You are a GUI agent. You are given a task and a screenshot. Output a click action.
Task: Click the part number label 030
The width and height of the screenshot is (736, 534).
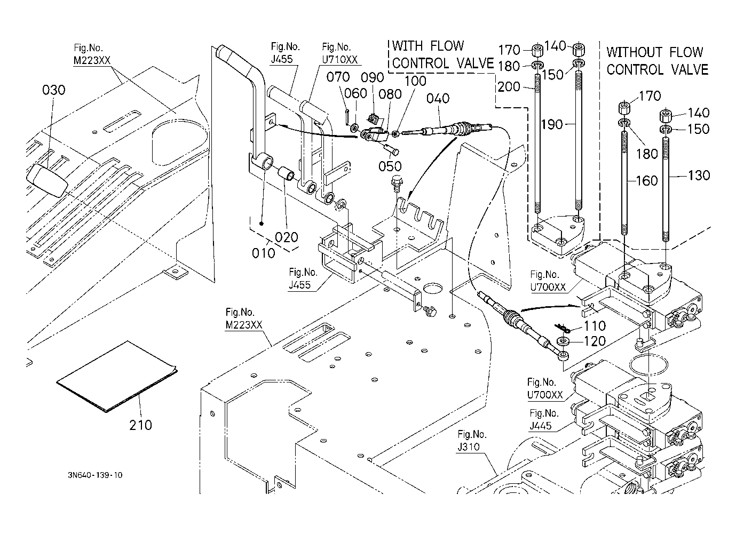coord(53,90)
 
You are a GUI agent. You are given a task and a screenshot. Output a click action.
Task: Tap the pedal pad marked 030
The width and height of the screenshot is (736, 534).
coord(47,181)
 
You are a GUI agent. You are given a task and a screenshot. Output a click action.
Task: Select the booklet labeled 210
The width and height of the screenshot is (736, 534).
coord(117,377)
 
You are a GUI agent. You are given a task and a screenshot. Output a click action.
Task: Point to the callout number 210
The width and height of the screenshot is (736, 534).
coord(140,425)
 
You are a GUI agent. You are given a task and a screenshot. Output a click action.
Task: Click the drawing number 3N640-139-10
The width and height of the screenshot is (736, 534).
coord(96,475)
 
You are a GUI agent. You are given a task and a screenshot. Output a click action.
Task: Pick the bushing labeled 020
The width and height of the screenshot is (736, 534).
coord(287,173)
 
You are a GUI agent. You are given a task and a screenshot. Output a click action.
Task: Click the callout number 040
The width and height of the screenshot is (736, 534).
coord(438,98)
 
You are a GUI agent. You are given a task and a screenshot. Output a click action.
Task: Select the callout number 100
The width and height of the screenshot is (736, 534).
coord(415,81)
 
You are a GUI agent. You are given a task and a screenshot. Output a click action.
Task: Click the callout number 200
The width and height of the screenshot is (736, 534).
coord(509,87)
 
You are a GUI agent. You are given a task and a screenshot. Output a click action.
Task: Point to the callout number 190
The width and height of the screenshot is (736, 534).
coord(552,124)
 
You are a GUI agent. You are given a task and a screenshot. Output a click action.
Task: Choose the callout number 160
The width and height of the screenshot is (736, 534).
coord(647,181)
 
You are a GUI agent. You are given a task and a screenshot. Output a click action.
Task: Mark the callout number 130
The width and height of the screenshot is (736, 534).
coord(699,176)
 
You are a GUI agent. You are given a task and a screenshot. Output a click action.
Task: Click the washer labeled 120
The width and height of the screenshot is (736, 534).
coord(564,341)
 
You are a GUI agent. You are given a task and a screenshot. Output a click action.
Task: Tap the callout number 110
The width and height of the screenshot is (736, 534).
coord(595,326)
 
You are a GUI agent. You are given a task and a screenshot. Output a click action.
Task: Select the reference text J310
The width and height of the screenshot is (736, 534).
coord(468,447)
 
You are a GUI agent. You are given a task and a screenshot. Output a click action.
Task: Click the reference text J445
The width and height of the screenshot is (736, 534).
coord(541,426)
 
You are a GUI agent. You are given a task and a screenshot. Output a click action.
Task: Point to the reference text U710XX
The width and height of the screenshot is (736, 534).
coord(339,59)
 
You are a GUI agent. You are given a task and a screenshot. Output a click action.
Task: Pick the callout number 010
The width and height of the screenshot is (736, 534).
coord(264,253)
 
